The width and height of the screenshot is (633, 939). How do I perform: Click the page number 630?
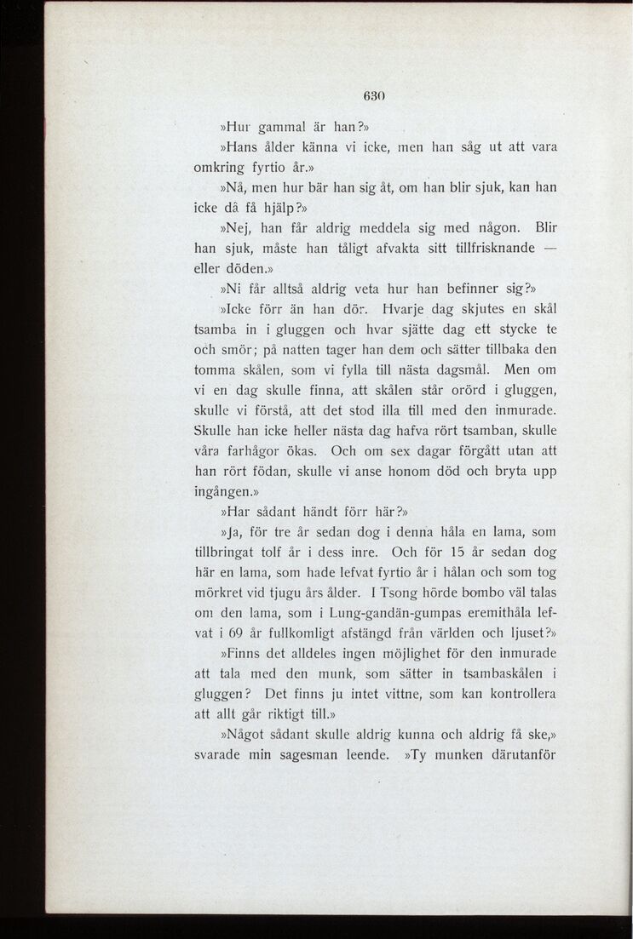pos(376,97)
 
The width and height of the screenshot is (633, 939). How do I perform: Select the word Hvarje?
pos(410,309)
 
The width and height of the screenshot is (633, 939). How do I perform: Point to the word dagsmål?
pos(464,370)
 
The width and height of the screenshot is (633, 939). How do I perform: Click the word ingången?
pos(225,492)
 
